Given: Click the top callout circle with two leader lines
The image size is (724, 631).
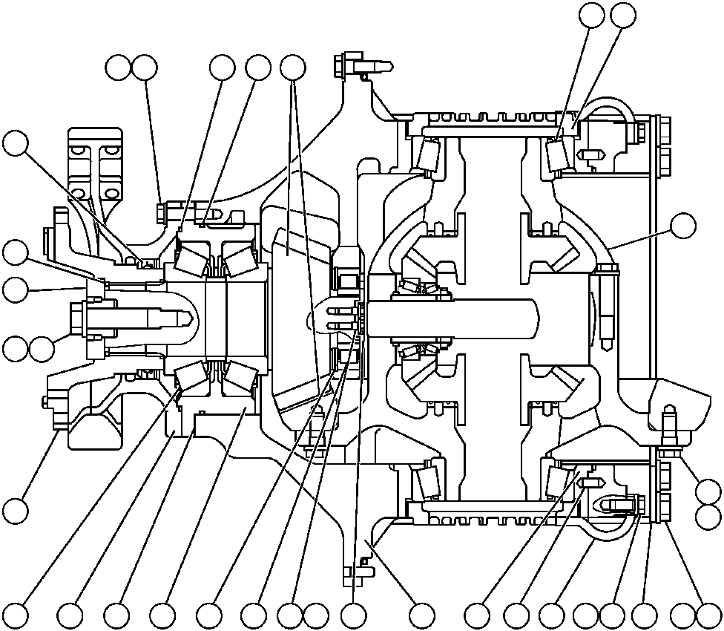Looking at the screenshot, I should [293, 68].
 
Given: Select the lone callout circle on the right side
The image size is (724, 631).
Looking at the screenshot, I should [682, 225].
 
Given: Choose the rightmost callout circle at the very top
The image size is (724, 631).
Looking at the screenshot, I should [623, 13].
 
